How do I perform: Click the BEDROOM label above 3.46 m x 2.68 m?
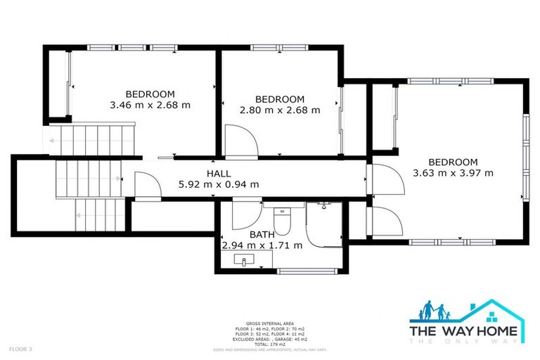click(x=150, y=94)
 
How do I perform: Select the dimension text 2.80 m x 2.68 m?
click(x=280, y=110)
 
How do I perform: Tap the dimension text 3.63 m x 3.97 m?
click(x=453, y=172)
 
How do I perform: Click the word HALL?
click(x=218, y=174)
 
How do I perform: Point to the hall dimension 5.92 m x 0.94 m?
click(x=218, y=185)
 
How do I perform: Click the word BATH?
click(x=262, y=235)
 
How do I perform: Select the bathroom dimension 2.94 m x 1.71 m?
click(x=262, y=245)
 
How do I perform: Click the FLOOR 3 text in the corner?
click(x=20, y=349)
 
